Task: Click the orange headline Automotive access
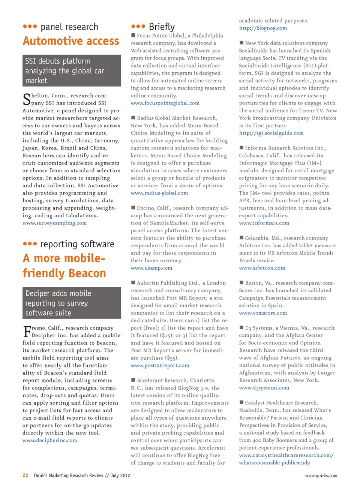(71, 41)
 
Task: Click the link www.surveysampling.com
(54, 223)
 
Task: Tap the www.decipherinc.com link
(49, 440)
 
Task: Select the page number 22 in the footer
(25, 475)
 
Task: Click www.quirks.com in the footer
(321, 476)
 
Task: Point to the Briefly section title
(161, 27)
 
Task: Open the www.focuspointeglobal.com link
(165, 103)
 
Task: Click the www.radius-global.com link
(159, 193)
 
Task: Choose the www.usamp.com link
(151, 268)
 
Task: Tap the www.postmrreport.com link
(160, 365)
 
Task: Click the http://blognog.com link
(263, 28)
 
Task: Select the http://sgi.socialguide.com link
(271, 133)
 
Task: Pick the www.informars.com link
(264, 223)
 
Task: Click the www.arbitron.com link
(262, 268)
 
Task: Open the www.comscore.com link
(263, 313)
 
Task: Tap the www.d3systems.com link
(264, 388)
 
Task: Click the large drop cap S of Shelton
(27, 99)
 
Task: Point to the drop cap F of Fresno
(27, 332)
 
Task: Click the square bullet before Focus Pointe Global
(133, 35)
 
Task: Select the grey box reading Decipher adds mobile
(72, 303)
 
